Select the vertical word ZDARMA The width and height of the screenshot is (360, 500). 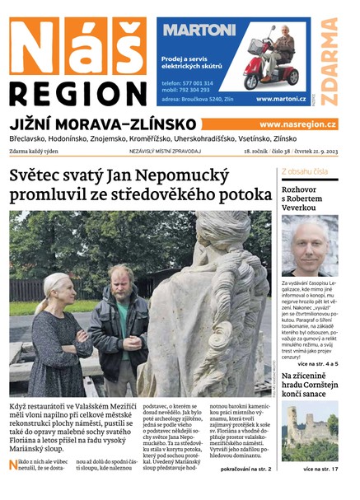point(329,62)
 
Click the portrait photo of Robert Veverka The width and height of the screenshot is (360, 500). point(309,245)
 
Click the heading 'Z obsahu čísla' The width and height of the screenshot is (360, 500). point(305,171)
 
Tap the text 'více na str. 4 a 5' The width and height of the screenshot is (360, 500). point(314,362)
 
